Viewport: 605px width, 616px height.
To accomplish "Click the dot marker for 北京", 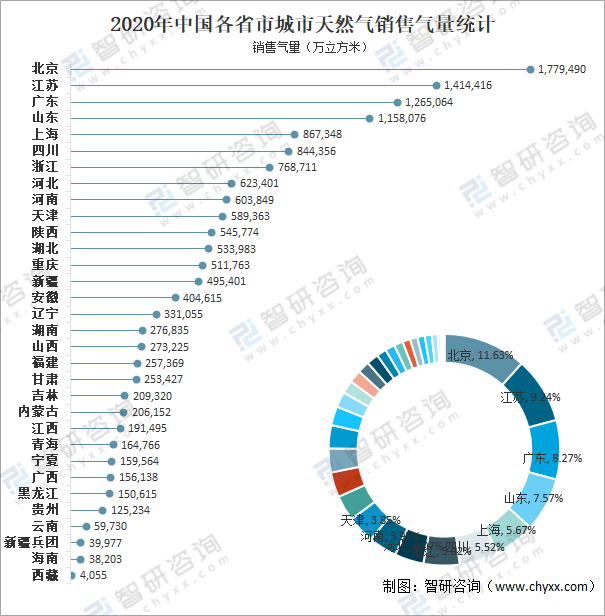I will (529, 69).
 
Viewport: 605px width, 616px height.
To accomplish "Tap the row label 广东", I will (44, 102).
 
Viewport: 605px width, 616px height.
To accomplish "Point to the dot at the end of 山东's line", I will (369, 118).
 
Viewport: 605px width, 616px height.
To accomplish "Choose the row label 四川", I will (44, 150).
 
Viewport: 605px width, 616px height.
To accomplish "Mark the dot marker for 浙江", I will (269, 167).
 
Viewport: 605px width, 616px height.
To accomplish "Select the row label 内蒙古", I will (38, 412).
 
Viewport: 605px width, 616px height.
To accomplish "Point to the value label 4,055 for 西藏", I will (93, 575).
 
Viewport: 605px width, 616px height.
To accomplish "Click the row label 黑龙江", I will (38, 493).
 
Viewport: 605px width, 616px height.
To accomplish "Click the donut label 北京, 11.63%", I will (480, 355).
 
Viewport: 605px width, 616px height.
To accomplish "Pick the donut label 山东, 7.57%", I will (533, 498).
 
